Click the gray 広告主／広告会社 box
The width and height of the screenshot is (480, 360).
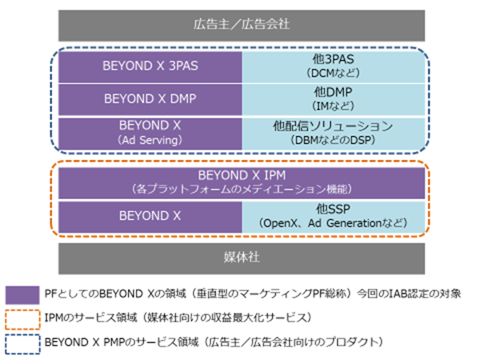[x=242, y=26]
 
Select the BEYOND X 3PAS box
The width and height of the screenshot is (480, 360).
[x=150, y=66]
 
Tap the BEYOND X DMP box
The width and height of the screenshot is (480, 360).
[x=150, y=99]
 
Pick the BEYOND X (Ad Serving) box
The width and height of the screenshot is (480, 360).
[x=150, y=134]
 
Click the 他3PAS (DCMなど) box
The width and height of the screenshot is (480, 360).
[x=334, y=66]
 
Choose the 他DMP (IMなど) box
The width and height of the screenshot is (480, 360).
[x=334, y=99]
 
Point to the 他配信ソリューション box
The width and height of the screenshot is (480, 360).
[x=334, y=134]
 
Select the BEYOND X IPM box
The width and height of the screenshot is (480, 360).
[x=242, y=182]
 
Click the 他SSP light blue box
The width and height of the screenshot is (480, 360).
[x=334, y=217]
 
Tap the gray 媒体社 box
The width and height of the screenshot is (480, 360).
[x=242, y=258]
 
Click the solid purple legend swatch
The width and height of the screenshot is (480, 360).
[x=22, y=295]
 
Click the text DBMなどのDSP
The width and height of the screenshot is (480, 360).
[x=333, y=140]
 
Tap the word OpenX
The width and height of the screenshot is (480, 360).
[x=281, y=223]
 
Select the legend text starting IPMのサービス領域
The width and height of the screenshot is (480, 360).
[x=178, y=318]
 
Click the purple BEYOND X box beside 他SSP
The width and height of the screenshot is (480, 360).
[x=150, y=217]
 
